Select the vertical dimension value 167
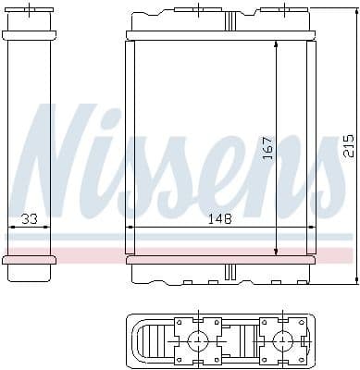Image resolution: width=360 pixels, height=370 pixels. pos(266,146)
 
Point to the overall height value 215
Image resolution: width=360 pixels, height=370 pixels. pos(347,146)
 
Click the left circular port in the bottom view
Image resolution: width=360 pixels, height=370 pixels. pos(196,341)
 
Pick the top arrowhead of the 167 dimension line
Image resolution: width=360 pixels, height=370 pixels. pos(275,46)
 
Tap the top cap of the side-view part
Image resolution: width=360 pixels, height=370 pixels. pos(31,36)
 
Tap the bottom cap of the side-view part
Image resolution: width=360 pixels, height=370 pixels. pos(31,260)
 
